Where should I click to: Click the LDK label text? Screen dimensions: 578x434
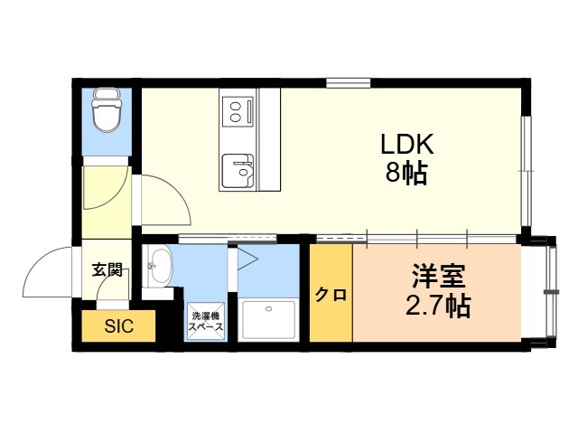(x=407, y=145)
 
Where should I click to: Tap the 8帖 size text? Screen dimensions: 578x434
(x=406, y=173)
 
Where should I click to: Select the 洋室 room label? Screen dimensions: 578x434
(x=439, y=276)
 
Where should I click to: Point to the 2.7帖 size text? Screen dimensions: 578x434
(x=438, y=306)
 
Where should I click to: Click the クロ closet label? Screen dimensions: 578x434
(x=331, y=295)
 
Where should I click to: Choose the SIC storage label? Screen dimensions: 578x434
(x=118, y=326)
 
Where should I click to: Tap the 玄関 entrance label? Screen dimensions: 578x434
(x=107, y=269)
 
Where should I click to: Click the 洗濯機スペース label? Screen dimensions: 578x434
(x=206, y=322)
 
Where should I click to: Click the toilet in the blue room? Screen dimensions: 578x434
(x=107, y=110)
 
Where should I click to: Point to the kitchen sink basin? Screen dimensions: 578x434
(x=238, y=171)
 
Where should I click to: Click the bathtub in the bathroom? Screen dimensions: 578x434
(x=268, y=319)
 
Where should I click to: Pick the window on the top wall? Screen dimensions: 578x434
(x=348, y=83)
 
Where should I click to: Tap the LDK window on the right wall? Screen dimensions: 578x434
(x=527, y=171)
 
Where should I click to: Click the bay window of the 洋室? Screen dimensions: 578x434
(x=551, y=291)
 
